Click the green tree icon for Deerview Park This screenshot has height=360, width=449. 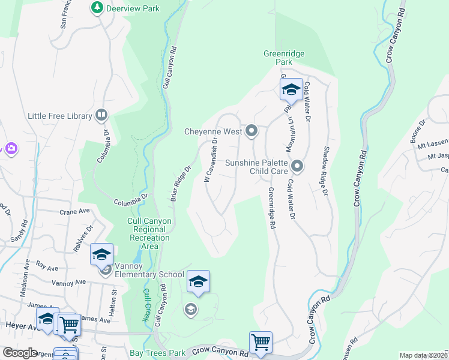click(x=96, y=7)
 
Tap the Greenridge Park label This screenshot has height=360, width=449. click(x=284, y=58)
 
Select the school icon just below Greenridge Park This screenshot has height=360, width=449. click(x=291, y=90)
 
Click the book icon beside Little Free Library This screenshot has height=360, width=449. click(x=101, y=115)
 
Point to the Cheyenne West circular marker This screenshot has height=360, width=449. click(x=252, y=130)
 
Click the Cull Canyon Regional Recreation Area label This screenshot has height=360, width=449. click(x=150, y=233)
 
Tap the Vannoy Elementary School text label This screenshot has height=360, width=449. click(x=142, y=274)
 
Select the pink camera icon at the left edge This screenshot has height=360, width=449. click(x=10, y=148)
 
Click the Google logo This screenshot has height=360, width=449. click(x=20, y=353)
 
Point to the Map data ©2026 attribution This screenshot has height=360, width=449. click(x=423, y=355)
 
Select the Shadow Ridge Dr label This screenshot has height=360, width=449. click(x=327, y=170)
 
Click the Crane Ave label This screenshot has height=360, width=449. click(x=74, y=212)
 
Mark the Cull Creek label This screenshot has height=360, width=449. click(x=146, y=304)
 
